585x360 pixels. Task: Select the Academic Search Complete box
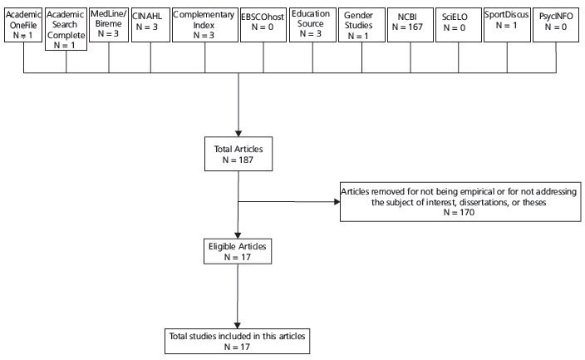click(x=65, y=29)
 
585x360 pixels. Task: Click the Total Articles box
click(x=238, y=153)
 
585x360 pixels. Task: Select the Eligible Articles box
click(x=238, y=252)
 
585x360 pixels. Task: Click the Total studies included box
click(x=238, y=341)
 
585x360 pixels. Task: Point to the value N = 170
click(x=459, y=213)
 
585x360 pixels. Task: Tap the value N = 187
click(x=238, y=159)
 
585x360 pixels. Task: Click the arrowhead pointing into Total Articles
click(x=238, y=131)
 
